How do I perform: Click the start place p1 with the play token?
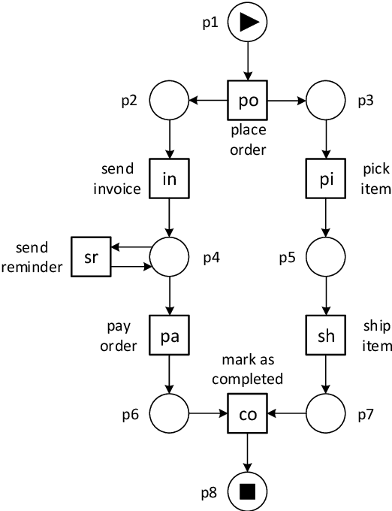pyautogui.click(x=247, y=23)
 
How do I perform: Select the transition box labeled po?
pyautogui.click(x=248, y=99)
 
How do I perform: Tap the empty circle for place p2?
pyautogui.click(x=169, y=99)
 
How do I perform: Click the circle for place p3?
pyautogui.click(x=326, y=99)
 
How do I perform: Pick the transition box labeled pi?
pyautogui.click(x=326, y=178)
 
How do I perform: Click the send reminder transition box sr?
pyautogui.click(x=91, y=256)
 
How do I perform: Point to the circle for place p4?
pyautogui.click(x=169, y=256)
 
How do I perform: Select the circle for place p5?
pyautogui.click(x=326, y=256)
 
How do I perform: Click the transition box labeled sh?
pyautogui.click(x=326, y=335)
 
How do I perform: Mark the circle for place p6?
pyautogui.click(x=169, y=413)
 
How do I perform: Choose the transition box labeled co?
pyautogui.click(x=248, y=413)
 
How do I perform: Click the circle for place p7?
pyautogui.click(x=326, y=413)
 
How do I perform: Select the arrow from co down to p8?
pyautogui.click(x=247, y=451)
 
